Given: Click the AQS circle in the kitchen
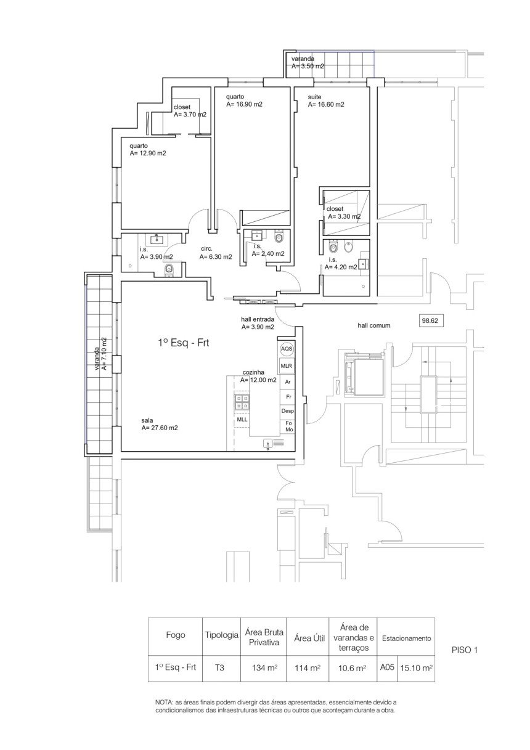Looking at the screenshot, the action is (287, 349).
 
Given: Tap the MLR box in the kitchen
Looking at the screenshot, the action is (287, 366).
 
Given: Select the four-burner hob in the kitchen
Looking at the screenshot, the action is (242, 402).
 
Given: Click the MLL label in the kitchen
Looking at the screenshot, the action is (242, 419).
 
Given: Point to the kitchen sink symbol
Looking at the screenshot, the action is (271, 444).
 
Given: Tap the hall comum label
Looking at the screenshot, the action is (374, 325).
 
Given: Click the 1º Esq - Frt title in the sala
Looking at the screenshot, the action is (184, 343).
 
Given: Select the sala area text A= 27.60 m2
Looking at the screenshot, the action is (160, 428).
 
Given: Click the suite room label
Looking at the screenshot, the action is (314, 97).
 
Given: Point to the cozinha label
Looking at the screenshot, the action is (253, 372).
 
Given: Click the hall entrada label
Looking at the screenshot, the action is (258, 319).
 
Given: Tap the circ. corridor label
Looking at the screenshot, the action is (206, 249).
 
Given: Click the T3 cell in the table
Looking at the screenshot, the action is (219, 667).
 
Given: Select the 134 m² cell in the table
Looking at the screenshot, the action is (264, 667).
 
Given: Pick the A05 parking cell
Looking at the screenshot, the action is (386, 667).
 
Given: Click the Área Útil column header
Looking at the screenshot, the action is (309, 638).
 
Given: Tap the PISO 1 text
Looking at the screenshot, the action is (464, 650).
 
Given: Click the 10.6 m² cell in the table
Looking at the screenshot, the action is (353, 668).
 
